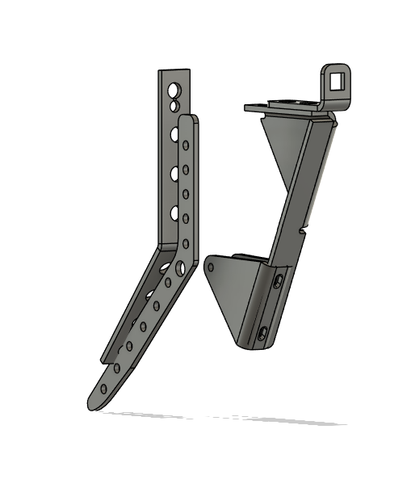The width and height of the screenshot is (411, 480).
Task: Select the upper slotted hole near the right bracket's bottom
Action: [279, 280]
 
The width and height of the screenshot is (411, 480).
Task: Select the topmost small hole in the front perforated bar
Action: [186, 145]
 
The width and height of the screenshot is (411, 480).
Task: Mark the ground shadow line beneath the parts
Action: [226, 418]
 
